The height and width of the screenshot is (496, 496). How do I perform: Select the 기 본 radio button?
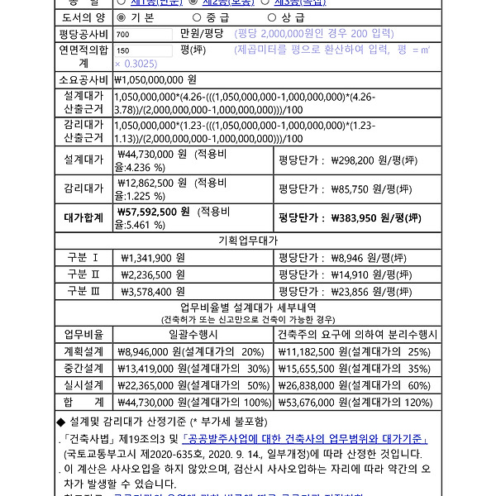[121, 17]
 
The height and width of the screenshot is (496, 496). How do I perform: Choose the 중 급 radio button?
[197, 17]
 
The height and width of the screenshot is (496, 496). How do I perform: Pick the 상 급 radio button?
[273, 17]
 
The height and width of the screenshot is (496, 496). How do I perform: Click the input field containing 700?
[144, 34]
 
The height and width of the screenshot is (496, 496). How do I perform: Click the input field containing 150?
[144, 51]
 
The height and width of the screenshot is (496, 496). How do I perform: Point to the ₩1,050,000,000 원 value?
[155, 80]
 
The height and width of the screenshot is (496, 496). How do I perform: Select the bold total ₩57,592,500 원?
[154, 211]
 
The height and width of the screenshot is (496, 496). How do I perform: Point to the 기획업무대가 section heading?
[247, 241]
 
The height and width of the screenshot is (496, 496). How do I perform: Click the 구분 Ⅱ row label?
[83, 274]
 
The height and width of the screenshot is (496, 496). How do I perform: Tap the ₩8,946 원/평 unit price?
[367, 258]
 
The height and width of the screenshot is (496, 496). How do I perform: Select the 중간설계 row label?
[83, 368]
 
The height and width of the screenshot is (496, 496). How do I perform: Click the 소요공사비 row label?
[83, 80]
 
